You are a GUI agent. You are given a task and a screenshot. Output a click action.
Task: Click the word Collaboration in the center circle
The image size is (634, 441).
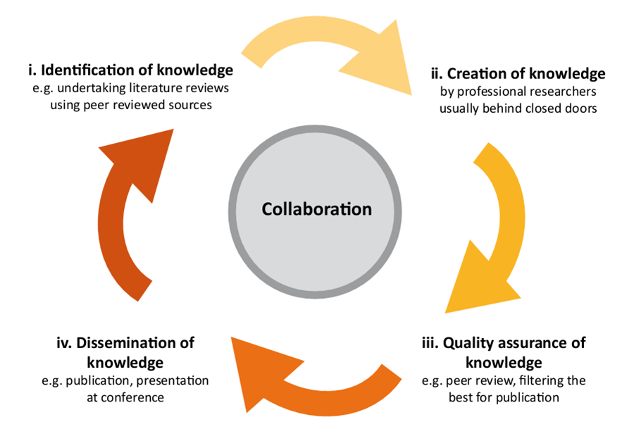pos(316,209)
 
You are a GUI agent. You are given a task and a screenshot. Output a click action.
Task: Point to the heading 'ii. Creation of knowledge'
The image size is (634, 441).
pos(518,73)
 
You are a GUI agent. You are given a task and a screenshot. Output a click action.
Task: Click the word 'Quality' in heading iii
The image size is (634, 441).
pos(468,343)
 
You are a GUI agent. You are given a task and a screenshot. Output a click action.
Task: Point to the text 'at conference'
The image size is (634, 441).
pos(125,397)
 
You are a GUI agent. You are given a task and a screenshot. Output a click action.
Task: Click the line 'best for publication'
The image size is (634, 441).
pos(504,397)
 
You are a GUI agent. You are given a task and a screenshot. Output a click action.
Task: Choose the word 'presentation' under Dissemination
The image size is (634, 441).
pos(174,380)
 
